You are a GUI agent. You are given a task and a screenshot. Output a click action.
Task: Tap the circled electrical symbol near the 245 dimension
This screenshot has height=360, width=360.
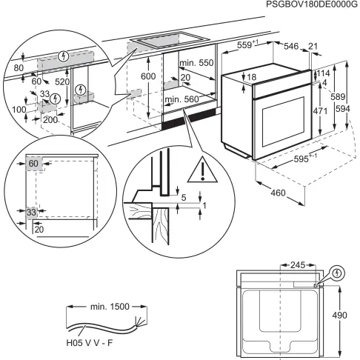337,272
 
